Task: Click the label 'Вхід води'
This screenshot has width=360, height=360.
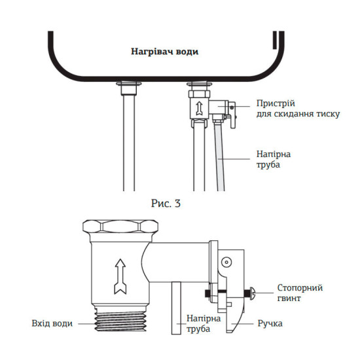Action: (x=52, y=323)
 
